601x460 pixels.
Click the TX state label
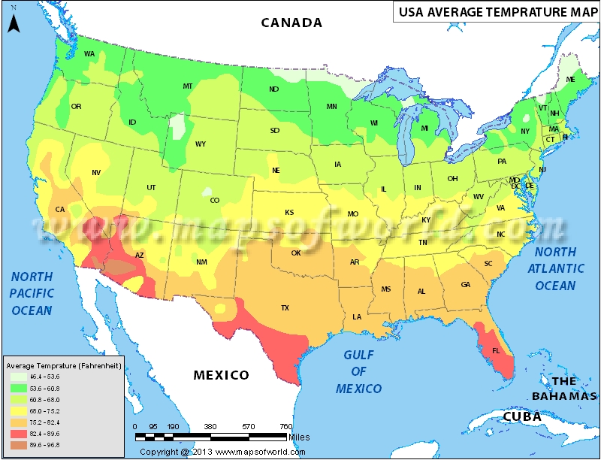pos(285,308)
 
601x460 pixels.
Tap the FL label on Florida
pos(496,351)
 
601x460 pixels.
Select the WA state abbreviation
pos(89,54)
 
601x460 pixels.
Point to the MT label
pos(188,86)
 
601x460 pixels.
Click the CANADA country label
pos(291,23)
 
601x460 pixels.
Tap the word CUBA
pos(521,416)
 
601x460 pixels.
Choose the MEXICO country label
pos(221,375)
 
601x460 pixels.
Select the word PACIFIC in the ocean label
pos(32,293)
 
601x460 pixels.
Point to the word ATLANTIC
pos(556,268)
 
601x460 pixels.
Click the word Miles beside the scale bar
pos(297,436)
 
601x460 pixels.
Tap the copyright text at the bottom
pos(222,452)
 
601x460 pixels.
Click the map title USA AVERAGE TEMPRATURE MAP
pos(494,12)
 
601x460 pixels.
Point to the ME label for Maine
pos(571,80)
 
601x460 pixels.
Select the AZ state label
pos(139,256)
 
